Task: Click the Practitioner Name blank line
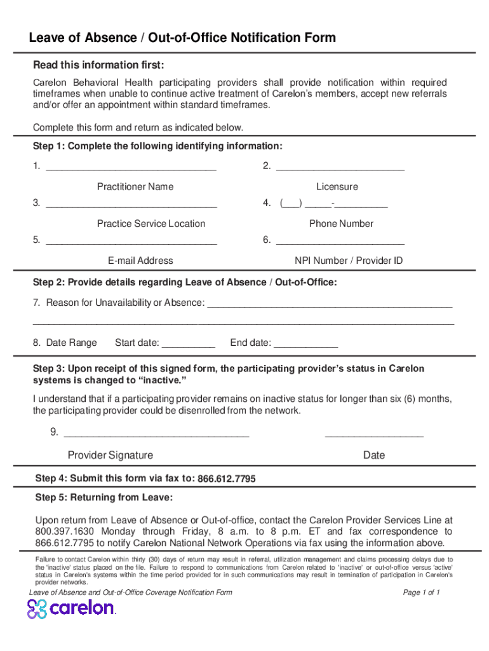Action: click(131, 168)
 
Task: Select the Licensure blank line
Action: click(340, 168)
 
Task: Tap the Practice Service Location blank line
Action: click(131, 205)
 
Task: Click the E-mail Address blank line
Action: click(131, 242)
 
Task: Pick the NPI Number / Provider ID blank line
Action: click(340, 242)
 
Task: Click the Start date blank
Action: click(189, 345)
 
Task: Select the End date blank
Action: click(305, 345)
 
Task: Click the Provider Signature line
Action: click(157, 434)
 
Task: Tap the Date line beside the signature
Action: click(373, 434)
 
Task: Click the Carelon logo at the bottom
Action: click(71, 608)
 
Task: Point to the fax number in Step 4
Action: click(227, 479)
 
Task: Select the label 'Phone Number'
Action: click(341, 224)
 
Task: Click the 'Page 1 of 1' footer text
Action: click(422, 593)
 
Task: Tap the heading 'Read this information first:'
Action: click(98, 65)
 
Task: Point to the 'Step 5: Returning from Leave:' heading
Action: click(104, 497)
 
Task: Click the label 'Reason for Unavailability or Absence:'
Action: click(125, 303)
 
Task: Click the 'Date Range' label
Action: click(71, 343)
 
